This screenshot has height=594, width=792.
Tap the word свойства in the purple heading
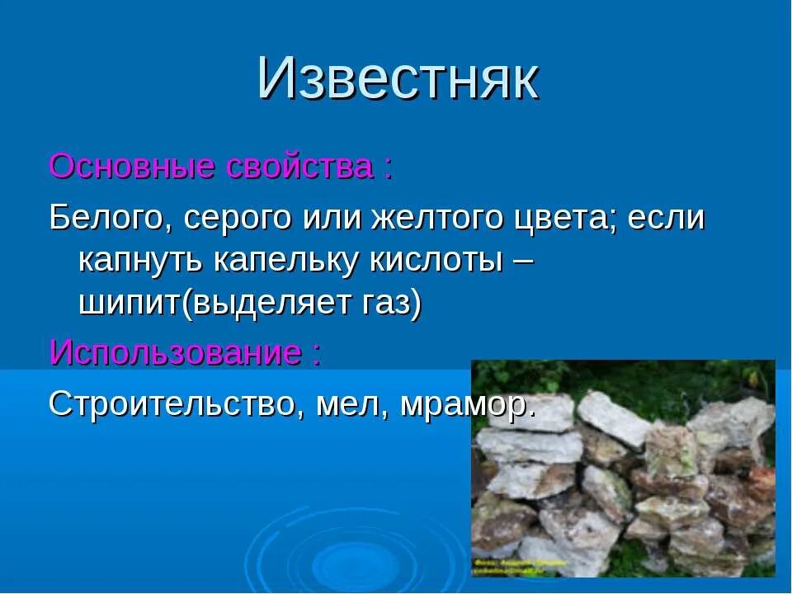(x=299, y=167)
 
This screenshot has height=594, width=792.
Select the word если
(x=667, y=219)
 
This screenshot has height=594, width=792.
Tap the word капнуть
(x=141, y=262)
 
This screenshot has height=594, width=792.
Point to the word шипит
(x=130, y=304)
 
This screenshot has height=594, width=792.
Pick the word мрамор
(x=465, y=405)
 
